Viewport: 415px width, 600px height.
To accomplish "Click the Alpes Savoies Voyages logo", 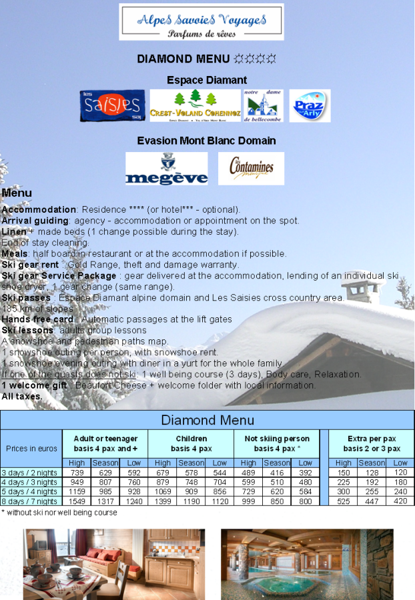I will point(201,22).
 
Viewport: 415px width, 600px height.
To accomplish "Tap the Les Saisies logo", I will point(112,105).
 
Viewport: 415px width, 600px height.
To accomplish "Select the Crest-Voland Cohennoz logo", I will point(195,105).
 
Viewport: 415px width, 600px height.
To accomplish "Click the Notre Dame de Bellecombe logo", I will point(263,105).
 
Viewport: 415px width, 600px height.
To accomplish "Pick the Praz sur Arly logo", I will point(310,105).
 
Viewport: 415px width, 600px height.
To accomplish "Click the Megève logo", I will point(166,169).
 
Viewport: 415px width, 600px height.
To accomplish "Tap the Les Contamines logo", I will point(251,169).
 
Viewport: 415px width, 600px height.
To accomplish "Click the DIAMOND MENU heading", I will point(206,59).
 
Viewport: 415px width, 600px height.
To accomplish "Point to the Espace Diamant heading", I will point(207,80).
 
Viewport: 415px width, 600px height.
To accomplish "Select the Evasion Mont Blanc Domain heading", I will point(206,141).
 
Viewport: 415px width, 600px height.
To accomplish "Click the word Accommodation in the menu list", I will point(39,209).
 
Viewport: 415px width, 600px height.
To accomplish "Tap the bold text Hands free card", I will point(37,319).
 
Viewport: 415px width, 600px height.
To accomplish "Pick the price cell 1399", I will point(163,501).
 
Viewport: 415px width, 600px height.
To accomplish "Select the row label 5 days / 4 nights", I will point(29,491).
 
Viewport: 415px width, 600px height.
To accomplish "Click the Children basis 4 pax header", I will point(191,443).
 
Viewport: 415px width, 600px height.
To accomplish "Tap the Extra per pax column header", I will point(372,443).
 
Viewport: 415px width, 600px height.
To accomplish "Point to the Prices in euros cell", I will point(31,448).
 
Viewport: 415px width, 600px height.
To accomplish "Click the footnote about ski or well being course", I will point(59,513).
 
